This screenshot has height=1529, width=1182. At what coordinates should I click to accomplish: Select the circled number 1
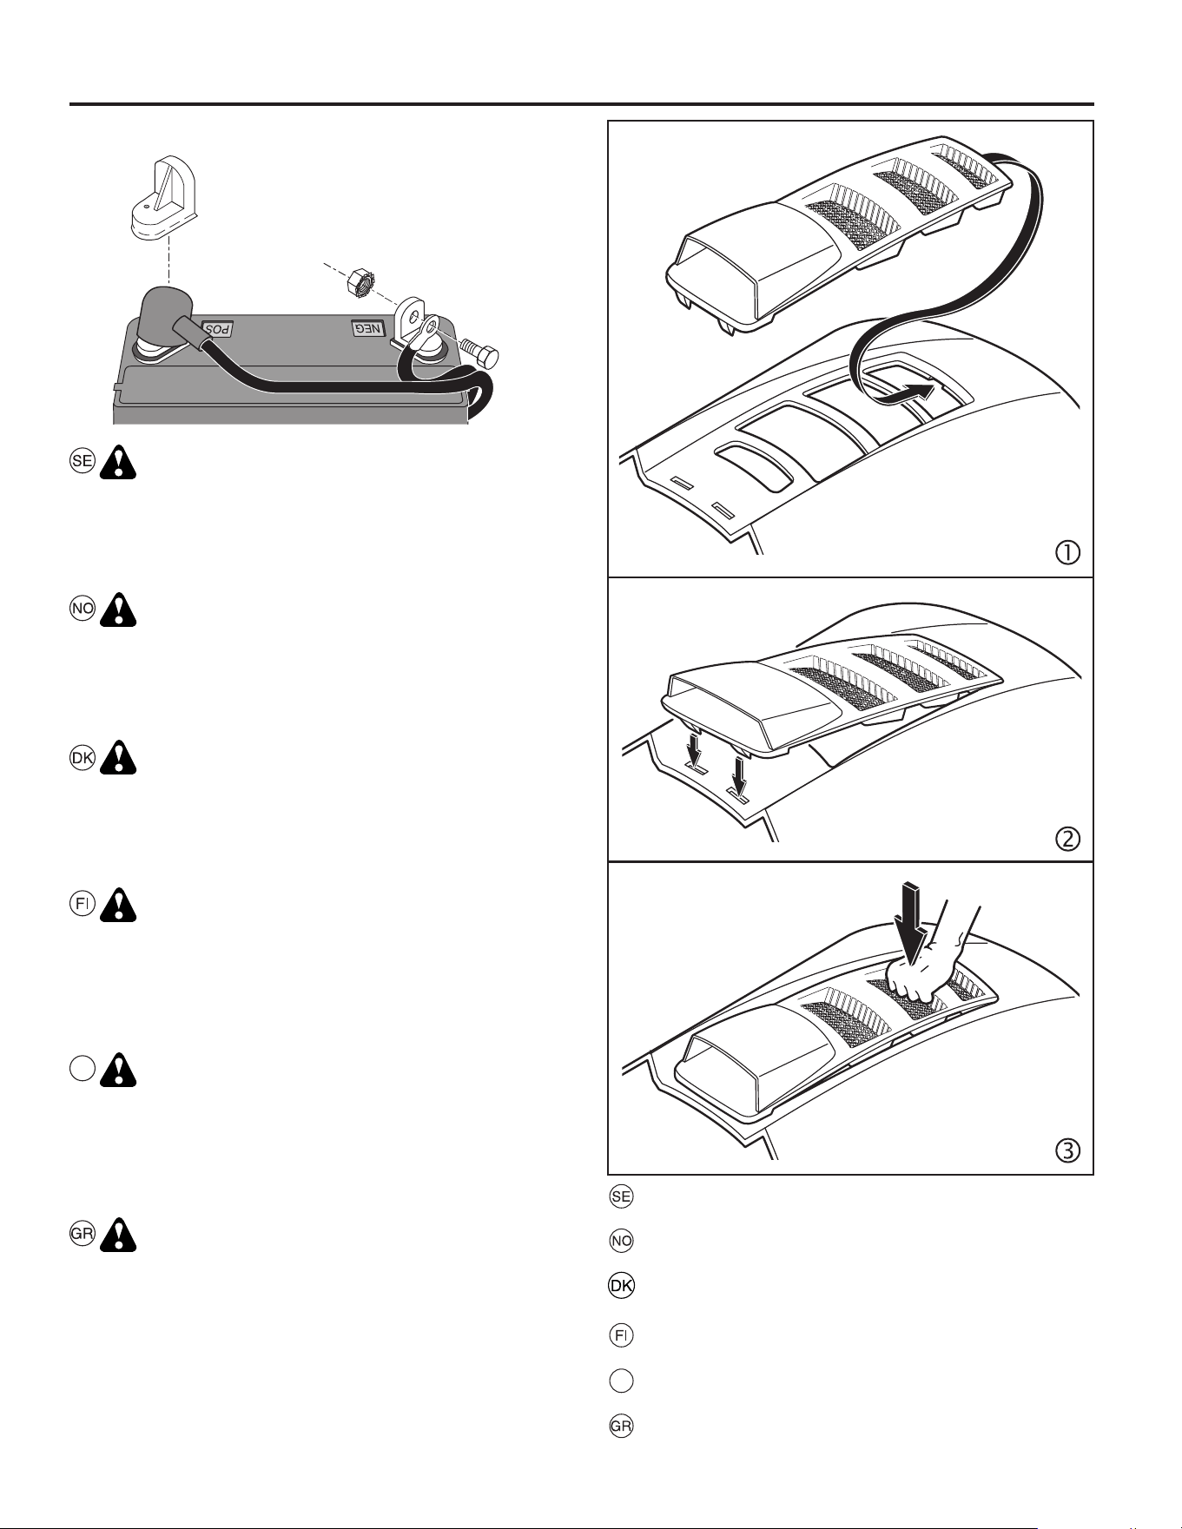click(1067, 552)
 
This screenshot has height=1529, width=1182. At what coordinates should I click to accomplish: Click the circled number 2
click(1067, 839)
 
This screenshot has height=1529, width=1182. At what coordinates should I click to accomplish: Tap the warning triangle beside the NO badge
click(118, 610)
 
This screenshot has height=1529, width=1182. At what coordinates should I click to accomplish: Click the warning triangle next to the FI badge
click(118, 905)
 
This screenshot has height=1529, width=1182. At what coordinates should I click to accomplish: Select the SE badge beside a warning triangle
click(83, 461)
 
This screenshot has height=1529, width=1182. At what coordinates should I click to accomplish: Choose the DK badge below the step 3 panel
click(622, 1286)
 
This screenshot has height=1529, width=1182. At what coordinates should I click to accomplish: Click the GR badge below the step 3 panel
click(622, 1426)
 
